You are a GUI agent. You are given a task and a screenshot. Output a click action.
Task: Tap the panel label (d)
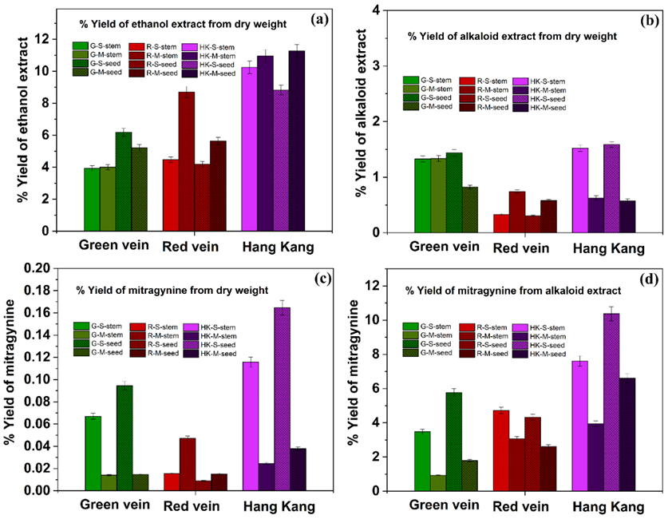pyautogui.click(x=646, y=279)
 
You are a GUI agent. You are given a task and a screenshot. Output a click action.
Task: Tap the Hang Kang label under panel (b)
pyautogui.click(x=608, y=248)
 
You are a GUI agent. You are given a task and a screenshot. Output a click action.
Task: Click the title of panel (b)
pyautogui.click(x=512, y=36)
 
